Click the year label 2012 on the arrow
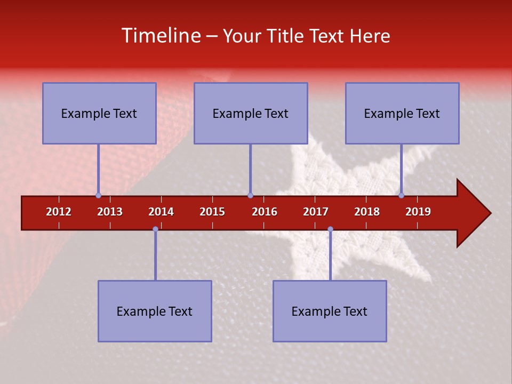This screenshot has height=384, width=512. tap(59, 212)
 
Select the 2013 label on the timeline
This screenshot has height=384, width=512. tap(110, 212)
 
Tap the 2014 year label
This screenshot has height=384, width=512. tap(161, 212)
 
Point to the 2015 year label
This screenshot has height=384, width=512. tap(212, 212)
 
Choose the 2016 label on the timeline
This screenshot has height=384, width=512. tap(265, 212)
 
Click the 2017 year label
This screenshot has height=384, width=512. tap(316, 212)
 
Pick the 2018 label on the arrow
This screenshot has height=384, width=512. tap(367, 212)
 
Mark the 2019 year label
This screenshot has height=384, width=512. tap(418, 212)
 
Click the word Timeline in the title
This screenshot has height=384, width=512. tap(160, 36)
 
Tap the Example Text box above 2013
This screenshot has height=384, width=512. tap(99, 113)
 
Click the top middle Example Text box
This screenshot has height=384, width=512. tap(251, 113)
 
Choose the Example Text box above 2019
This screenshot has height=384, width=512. tap(402, 113)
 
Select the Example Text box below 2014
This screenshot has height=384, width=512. tap(155, 311)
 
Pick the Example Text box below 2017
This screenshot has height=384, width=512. tap(330, 311)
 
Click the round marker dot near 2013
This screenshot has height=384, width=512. tap(99, 195)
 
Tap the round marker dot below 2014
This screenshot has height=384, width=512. tap(155, 229)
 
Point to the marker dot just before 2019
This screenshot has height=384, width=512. tap(402, 195)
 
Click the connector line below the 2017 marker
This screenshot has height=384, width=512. tap(330, 256)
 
